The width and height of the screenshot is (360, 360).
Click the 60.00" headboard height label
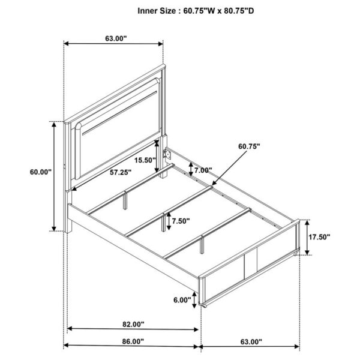point(41,172)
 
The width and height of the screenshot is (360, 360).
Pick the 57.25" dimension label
point(121,172)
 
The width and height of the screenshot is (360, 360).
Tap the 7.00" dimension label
point(204,170)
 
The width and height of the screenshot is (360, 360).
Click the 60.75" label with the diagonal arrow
point(248,146)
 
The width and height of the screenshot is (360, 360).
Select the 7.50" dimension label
point(180,221)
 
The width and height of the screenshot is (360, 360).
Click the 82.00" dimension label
point(133,325)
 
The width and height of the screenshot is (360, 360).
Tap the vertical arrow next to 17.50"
point(307,236)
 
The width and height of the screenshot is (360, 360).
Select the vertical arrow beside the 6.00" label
point(194,299)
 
